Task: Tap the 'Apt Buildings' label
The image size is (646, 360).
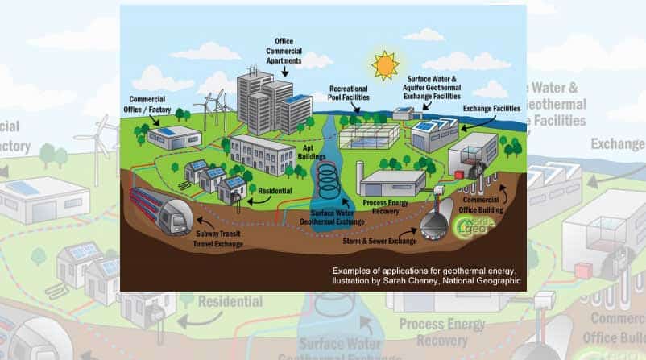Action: click(292, 155)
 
